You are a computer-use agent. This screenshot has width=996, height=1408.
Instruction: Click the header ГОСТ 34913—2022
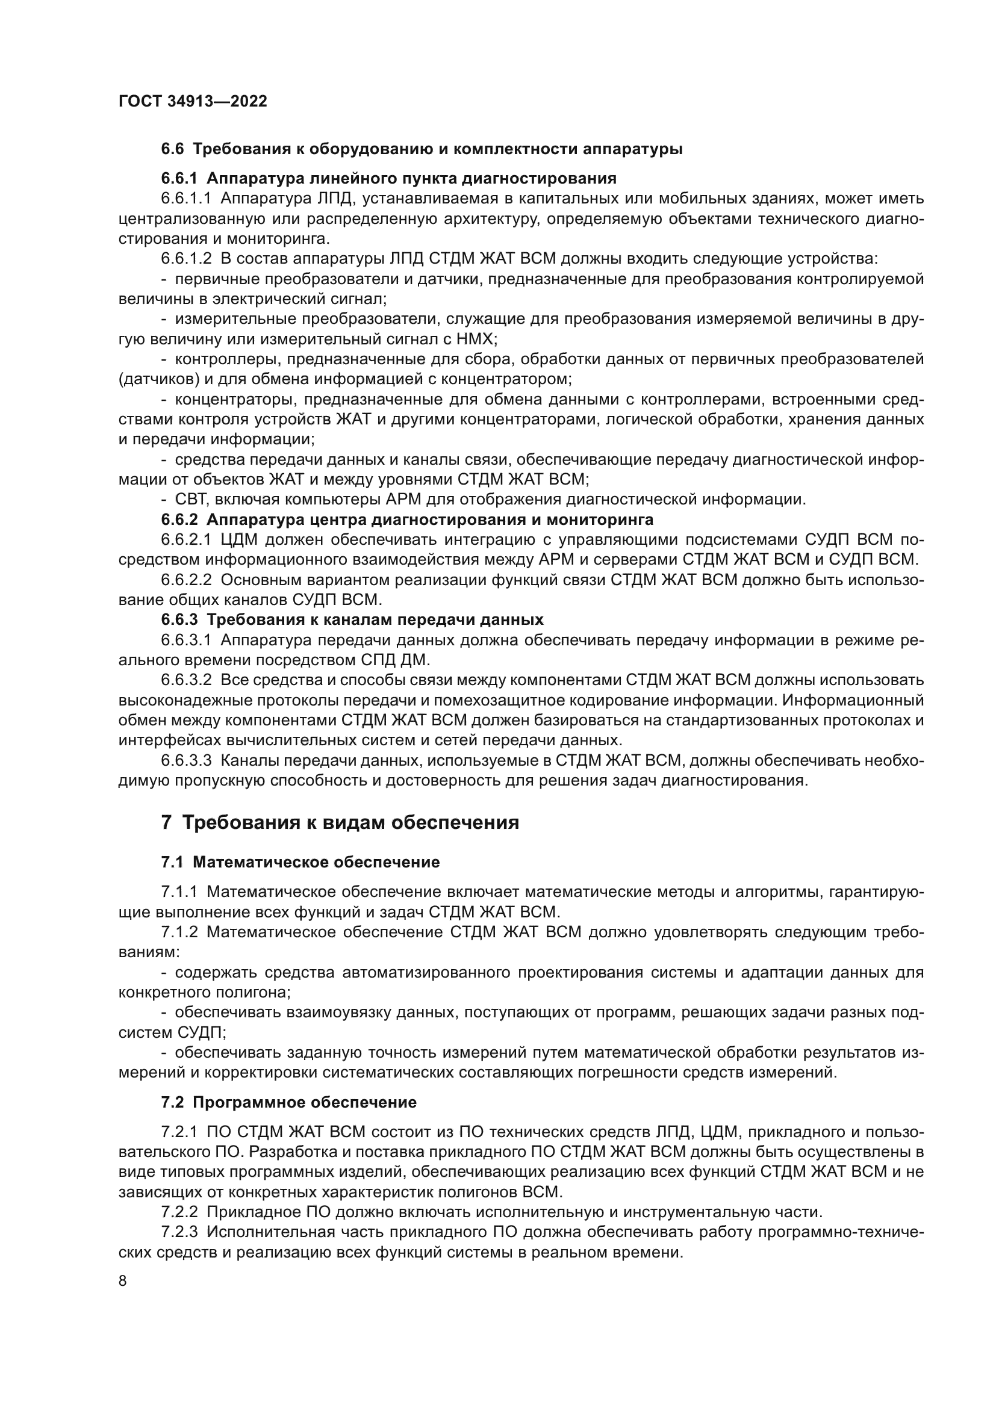[x=193, y=102]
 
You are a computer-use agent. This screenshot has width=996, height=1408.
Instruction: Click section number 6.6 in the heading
[x=172, y=149]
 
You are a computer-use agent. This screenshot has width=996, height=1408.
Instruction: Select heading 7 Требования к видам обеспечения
[x=340, y=822]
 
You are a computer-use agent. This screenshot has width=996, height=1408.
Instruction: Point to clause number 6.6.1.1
[x=186, y=199]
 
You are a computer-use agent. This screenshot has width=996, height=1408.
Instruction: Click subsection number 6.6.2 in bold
[x=179, y=520]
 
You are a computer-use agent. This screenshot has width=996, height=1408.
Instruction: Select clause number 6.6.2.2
[x=186, y=580]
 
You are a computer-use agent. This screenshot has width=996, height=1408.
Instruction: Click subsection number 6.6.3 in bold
[x=179, y=620]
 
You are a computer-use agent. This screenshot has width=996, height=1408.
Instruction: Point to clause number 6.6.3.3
[x=186, y=761]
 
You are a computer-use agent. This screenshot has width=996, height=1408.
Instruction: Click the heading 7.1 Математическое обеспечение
[x=300, y=862]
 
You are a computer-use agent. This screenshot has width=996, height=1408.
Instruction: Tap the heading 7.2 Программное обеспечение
[x=289, y=1103]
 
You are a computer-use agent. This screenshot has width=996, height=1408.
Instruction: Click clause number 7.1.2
[x=179, y=932]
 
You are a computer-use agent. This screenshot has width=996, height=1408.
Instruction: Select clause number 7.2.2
[x=179, y=1212]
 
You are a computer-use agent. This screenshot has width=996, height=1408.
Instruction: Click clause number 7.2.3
[x=179, y=1233]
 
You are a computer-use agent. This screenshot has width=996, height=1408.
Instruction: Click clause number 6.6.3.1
[x=186, y=640]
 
